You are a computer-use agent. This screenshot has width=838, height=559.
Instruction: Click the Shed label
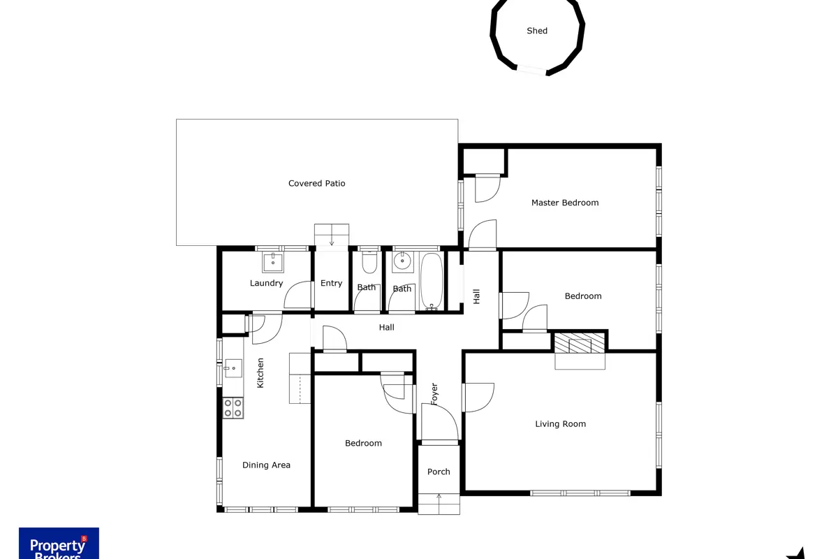coord(537,31)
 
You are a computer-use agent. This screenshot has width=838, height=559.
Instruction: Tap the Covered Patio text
coord(316,183)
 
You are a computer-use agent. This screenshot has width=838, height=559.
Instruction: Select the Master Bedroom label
coord(565,203)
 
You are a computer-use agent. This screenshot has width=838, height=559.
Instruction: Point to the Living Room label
coord(560,424)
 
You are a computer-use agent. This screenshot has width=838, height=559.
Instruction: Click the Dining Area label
coord(266,465)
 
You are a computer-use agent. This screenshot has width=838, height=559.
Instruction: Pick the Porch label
coord(439,472)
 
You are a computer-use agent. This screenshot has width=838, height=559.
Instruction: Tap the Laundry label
coord(266,283)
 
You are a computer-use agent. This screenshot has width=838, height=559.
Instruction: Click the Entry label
coord(331,283)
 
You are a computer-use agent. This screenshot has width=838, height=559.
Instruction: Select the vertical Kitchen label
coord(260,373)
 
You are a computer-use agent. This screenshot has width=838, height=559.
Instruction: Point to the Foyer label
coord(434,394)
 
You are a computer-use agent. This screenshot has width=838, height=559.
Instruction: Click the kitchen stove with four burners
coord(233,408)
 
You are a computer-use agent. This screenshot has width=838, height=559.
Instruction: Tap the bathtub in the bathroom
coord(432,282)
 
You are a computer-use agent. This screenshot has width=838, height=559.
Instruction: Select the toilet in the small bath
coord(369,262)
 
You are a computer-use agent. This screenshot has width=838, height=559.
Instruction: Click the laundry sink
coord(273,262)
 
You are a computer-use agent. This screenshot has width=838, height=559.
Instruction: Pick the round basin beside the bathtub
coord(402,261)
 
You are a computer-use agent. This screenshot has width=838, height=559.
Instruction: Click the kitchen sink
coord(233,368)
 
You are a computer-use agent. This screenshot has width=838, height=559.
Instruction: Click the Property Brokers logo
coord(59,543)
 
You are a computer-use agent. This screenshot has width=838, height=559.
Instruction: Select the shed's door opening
coord(531,70)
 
